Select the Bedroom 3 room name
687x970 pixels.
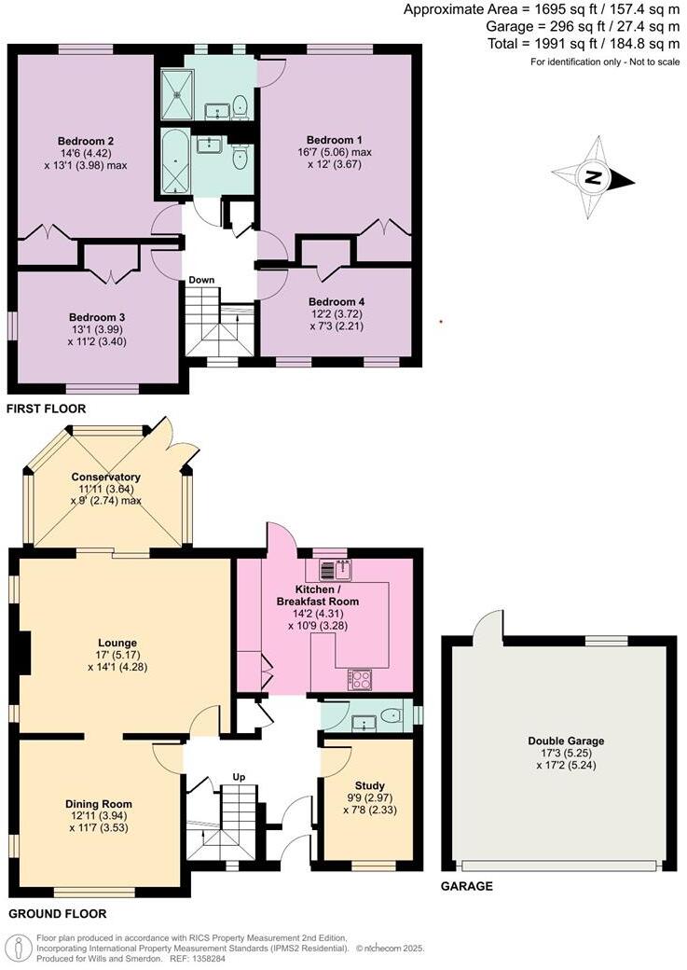pyautogui.click(x=97, y=317)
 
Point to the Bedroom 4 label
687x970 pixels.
pyautogui.click(x=337, y=301)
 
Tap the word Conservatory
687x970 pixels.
pyautogui.click(x=105, y=477)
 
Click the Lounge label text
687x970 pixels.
pyautogui.click(x=117, y=643)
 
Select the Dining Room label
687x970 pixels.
pyautogui.click(x=98, y=804)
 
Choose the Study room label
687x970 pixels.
pyautogui.click(x=370, y=785)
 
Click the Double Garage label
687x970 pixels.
pyautogui.click(x=559, y=741)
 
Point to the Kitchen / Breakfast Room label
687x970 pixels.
pyautogui.click(x=325, y=596)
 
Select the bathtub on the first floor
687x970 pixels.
pyautogui.click(x=174, y=162)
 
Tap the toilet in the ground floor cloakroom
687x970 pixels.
pyautogui.click(x=392, y=716)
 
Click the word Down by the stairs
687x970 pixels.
pyautogui.click(x=201, y=280)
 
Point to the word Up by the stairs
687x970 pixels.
pyautogui.click(x=240, y=777)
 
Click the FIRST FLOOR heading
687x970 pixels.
pyautogui.click(x=46, y=409)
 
